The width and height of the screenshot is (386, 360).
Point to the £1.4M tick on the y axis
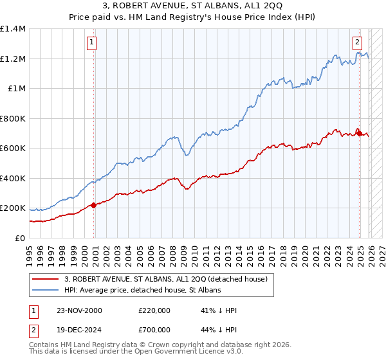click(13, 29)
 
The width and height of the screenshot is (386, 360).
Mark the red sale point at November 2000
click(93, 205)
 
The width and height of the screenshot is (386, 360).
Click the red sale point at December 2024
click(359, 134)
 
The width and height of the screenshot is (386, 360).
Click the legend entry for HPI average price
click(142, 291)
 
